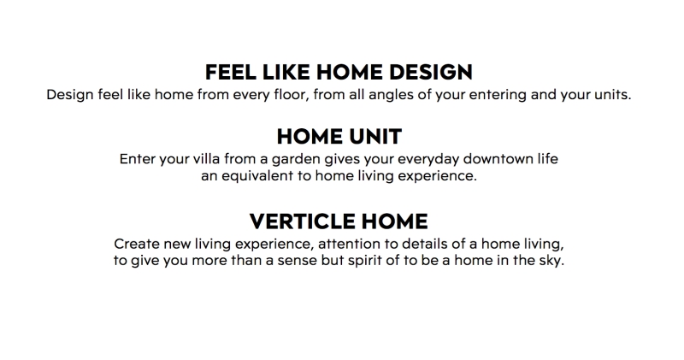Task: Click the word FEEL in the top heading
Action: coord(231,72)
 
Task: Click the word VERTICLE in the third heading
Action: coord(302,221)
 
